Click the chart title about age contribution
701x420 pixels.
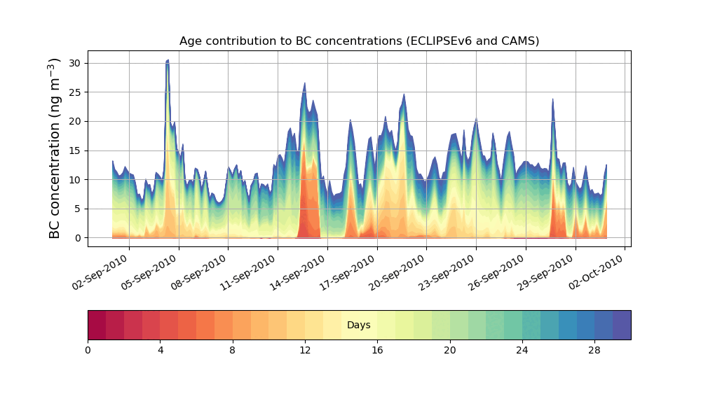pos(359,41)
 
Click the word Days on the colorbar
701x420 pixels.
pos(359,325)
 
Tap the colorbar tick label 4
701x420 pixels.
pos(161,350)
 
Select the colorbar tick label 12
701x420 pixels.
pos(305,350)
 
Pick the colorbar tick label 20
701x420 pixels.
pos(450,350)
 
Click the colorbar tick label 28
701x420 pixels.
pos(594,350)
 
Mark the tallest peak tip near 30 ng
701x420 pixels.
pos(168,61)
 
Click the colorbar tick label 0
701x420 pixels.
pos(88,350)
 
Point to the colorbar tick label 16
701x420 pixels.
pos(377,350)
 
